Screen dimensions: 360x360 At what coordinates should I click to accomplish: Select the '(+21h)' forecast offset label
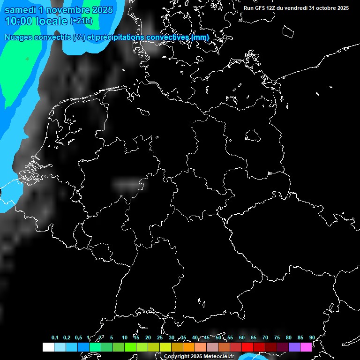[x=81, y=21]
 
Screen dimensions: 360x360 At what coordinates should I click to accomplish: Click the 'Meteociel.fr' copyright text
[x=215, y=357]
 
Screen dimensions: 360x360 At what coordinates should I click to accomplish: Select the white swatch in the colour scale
[x=48, y=347]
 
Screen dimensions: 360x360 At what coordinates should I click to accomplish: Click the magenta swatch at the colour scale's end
[x=306, y=347]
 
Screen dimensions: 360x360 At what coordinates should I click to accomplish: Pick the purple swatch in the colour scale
[x=294, y=347]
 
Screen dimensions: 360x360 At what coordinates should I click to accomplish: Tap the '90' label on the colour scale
[x=312, y=337]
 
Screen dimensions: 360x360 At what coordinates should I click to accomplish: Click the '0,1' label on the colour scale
[x=55, y=337]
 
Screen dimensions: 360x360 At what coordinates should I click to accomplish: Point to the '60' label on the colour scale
[x=241, y=337]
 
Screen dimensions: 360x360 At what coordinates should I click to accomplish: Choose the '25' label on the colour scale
[x=159, y=337]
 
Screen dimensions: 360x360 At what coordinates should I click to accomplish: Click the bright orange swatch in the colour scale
[x=189, y=347]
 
